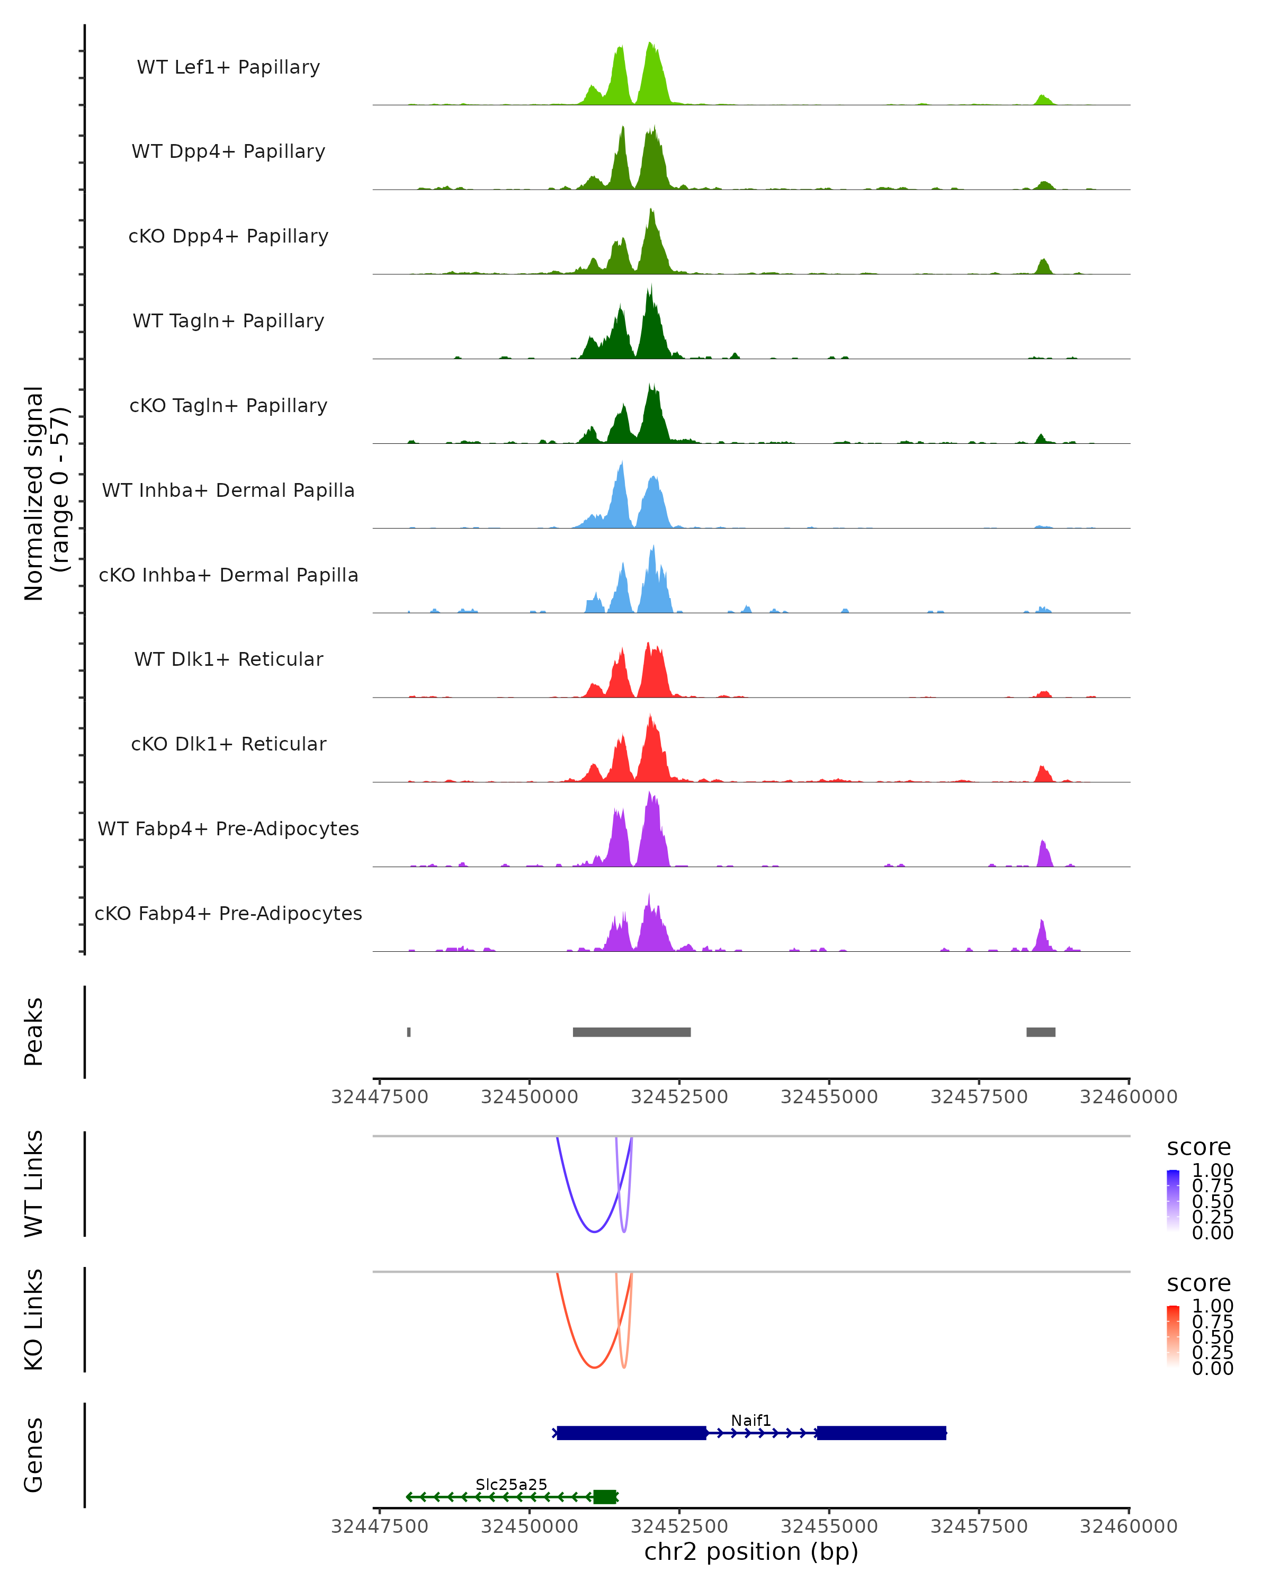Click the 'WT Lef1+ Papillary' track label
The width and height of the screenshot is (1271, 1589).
[x=228, y=67]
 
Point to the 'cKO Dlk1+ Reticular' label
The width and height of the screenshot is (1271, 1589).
[x=228, y=744]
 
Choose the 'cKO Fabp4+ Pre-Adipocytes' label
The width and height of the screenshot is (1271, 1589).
[x=228, y=913]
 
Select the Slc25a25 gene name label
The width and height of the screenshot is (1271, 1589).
[x=512, y=1484]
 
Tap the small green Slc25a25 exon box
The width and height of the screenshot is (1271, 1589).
[x=604, y=1497]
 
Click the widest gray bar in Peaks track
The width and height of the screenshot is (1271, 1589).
[x=631, y=1032]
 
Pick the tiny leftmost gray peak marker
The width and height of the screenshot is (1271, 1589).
[x=409, y=1032]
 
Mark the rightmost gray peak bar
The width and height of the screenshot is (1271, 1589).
[x=1041, y=1032]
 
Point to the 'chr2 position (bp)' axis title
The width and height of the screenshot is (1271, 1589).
[x=751, y=1552]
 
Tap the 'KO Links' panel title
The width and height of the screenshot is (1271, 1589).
[x=34, y=1319]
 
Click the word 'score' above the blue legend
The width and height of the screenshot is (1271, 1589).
[x=1199, y=1148]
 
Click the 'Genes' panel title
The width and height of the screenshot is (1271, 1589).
[x=34, y=1455]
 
